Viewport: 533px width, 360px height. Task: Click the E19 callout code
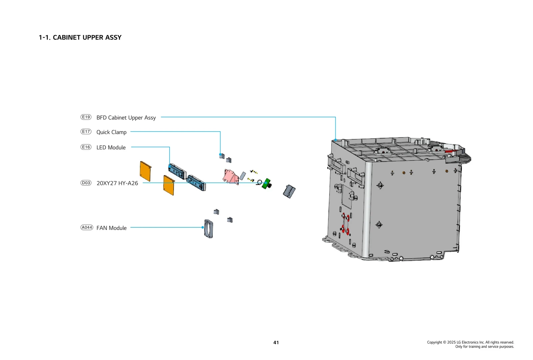coord(86,117)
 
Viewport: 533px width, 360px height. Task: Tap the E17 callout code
coord(86,132)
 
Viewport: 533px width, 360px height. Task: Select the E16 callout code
coord(86,147)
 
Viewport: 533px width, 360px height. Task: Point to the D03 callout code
coord(86,183)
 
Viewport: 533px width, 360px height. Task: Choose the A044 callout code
coord(87,227)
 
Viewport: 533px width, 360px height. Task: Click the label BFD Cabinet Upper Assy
coord(126,118)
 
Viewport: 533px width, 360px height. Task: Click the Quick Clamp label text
coord(111,132)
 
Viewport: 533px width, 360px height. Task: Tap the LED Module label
coord(111,148)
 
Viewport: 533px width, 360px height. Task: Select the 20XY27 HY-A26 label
coord(117,183)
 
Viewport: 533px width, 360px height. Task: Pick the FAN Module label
coord(111,228)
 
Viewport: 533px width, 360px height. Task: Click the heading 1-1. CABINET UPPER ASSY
coord(80,38)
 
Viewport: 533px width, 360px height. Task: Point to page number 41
coord(276,342)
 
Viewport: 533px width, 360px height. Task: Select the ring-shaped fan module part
coord(209,229)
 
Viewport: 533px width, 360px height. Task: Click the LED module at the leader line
coord(177,171)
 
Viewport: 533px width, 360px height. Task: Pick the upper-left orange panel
coord(146,171)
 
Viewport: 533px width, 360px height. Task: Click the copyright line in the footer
coord(470,342)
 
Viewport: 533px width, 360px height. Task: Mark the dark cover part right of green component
coord(289,191)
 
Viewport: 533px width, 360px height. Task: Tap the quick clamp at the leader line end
coord(222,156)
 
